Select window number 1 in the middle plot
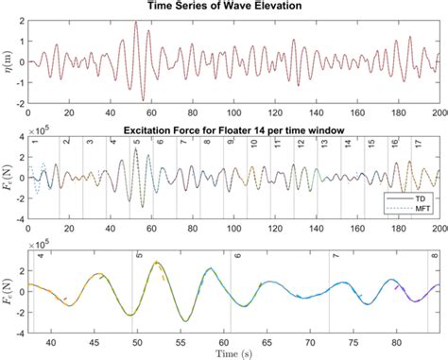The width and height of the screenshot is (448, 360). pyautogui.click(x=34, y=142)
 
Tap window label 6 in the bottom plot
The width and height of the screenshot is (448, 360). pyautogui.click(x=237, y=256)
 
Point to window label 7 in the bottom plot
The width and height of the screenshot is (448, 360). pyautogui.click(x=336, y=256)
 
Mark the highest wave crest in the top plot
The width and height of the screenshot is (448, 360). pyautogui.click(x=136, y=23)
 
